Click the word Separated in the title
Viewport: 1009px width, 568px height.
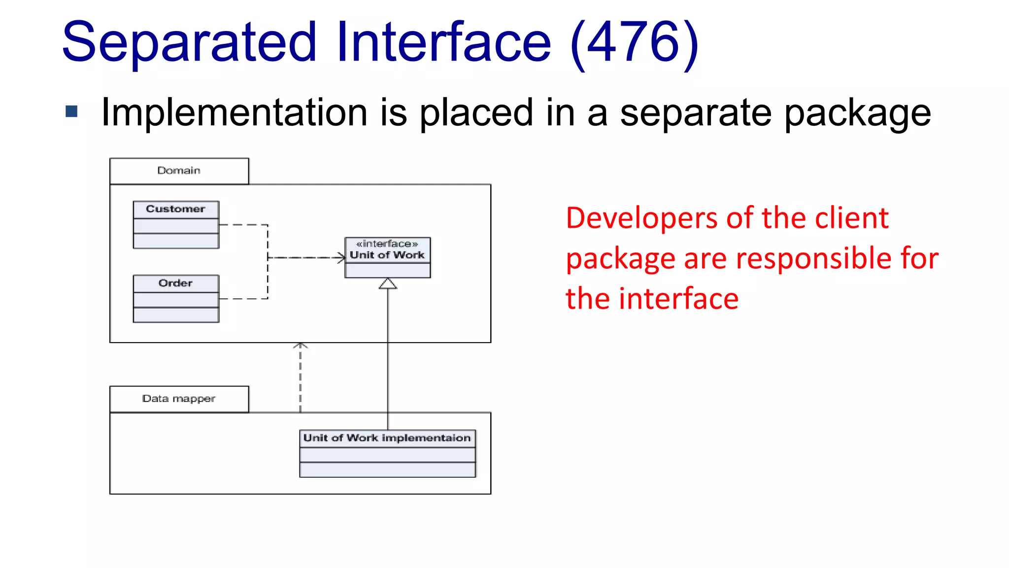(x=189, y=43)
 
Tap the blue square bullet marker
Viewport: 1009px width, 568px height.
(x=71, y=111)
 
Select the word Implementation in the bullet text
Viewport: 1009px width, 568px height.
(x=234, y=112)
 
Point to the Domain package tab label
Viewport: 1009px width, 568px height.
(x=179, y=171)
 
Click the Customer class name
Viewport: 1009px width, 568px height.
(x=175, y=209)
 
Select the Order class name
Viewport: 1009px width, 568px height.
(x=175, y=283)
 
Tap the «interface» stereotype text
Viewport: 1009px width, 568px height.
(x=387, y=244)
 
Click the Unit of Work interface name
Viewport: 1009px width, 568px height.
(x=387, y=255)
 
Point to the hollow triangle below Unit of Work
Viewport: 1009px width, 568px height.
(x=388, y=284)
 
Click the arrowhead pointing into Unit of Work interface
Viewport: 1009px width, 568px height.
(x=341, y=257)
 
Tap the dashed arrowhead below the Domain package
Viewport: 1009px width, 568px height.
(x=300, y=346)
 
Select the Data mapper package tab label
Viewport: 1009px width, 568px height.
(x=179, y=398)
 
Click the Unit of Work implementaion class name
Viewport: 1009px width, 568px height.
(x=387, y=438)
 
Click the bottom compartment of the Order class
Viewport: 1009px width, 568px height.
(x=175, y=315)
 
